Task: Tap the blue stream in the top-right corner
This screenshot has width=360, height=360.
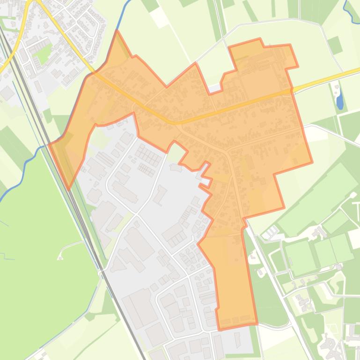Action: pyautogui.click(x=350, y=9)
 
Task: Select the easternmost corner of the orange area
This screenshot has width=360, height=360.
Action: pyautogui.click(x=312, y=163)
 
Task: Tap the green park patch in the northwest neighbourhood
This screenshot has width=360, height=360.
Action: pyautogui.click(x=44, y=56)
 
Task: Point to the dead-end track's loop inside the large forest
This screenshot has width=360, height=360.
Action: pyautogui.click(x=60, y=256)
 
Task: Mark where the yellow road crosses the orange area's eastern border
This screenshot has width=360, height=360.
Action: pyautogui.click(x=292, y=90)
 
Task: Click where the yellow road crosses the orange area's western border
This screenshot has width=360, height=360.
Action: pyautogui.click(x=94, y=72)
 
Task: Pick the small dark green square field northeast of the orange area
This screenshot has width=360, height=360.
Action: pyautogui.click(x=335, y=45)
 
